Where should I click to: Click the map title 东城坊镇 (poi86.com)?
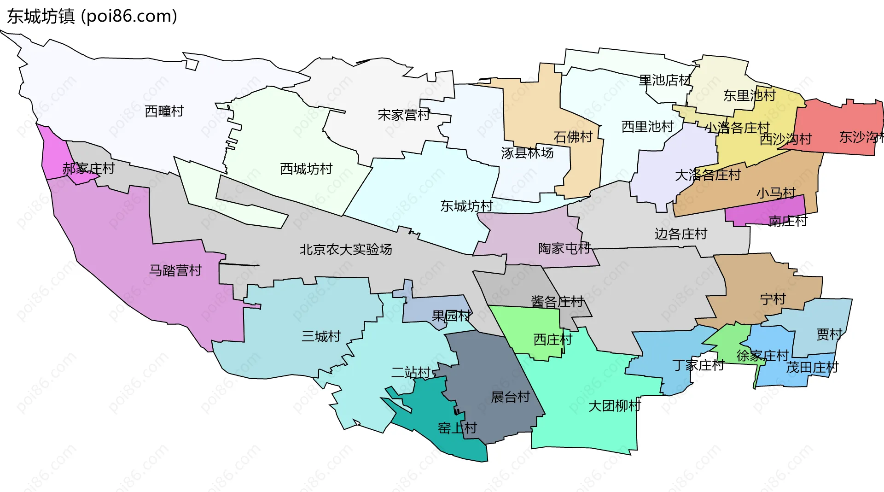tap(92, 17)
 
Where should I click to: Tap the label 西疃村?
tap(164, 111)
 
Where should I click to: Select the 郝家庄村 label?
tap(88, 169)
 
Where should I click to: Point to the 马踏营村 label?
tap(175, 270)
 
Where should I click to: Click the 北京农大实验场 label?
tap(346, 250)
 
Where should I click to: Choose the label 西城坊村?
tap(306, 169)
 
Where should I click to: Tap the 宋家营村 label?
tap(404, 115)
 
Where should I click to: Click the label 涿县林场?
tap(527, 153)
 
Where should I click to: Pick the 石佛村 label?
tap(573, 137)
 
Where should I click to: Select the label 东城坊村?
tap(466, 206)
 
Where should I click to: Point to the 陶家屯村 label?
tap(564, 249)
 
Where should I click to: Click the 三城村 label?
tap(321, 336)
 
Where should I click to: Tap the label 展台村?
tap(510, 397)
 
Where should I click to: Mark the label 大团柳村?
tap(615, 406)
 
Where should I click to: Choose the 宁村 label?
tap(773, 299)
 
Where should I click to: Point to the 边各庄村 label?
tap(680, 234)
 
